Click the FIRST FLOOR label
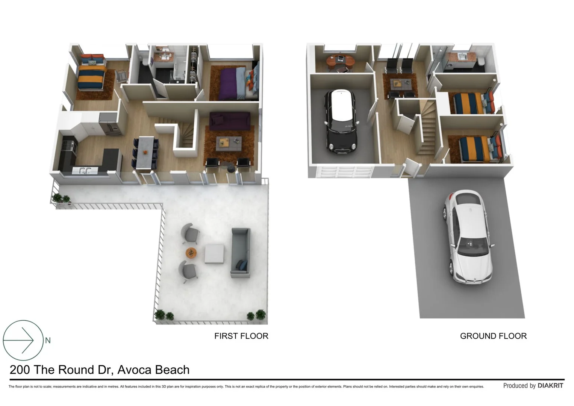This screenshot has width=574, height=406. [x=241, y=336]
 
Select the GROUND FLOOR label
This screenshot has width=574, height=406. [x=493, y=336]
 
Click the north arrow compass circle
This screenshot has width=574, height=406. [x=23, y=340]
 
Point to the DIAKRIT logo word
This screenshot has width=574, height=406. [x=550, y=386]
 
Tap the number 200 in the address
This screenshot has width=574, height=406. [x=20, y=370]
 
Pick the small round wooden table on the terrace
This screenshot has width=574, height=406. [x=191, y=253]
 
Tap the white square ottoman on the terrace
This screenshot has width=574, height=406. [x=215, y=254]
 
